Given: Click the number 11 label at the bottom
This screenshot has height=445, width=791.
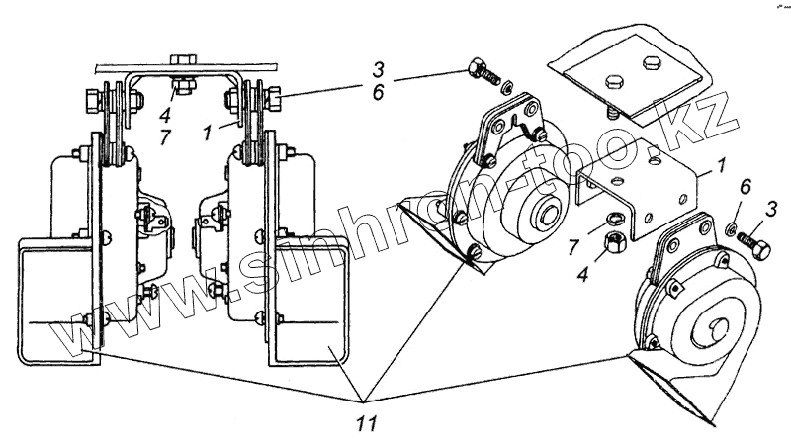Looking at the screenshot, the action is [x=367, y=423].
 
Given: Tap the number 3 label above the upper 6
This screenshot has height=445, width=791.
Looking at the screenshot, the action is [x=378, y=69].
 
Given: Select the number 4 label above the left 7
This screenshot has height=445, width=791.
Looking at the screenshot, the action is [x=165, y=115].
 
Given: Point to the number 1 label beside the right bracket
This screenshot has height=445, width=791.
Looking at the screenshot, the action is [x=722, y=165].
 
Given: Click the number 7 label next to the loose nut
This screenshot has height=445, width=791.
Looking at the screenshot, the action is [x=573, y=248].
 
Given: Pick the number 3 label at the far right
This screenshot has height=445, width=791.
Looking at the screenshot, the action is [x=770, y=208].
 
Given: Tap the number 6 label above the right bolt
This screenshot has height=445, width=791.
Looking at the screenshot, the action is [x=746, y=186].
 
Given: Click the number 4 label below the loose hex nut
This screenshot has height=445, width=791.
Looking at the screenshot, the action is [x=583, y=275].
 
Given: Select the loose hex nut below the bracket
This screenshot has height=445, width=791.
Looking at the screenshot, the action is [x=614, y=242].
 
